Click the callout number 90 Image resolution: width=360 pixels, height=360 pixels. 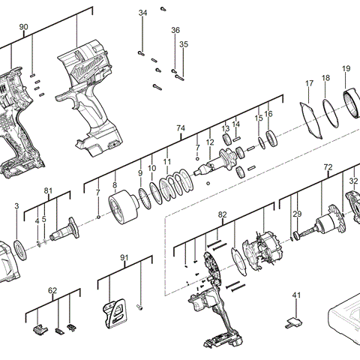(23, 27)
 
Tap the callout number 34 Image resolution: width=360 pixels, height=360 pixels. (143, 13)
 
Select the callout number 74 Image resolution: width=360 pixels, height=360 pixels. (180, 129)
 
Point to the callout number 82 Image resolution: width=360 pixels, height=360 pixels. (222, 214)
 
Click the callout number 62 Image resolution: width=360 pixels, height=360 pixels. (52, 289)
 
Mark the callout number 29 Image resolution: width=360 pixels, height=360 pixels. (297, 214)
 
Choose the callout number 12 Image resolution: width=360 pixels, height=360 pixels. (210, 142)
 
